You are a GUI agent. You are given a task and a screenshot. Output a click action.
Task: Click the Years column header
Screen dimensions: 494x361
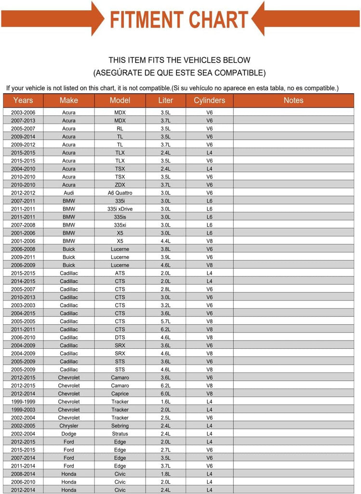(x=23, y=100)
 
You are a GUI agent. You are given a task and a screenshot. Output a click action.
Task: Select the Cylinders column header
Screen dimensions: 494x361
(x=209, y=100)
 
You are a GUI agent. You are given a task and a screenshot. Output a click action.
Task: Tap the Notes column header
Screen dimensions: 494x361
(x=293, y=100)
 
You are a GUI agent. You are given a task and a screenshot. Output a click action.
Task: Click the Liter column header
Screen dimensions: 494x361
(x=165, y=100)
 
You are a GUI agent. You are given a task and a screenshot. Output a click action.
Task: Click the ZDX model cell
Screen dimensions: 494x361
(x=120, y=185)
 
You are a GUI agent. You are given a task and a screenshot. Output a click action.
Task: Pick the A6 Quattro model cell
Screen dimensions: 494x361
(x=120, y=193)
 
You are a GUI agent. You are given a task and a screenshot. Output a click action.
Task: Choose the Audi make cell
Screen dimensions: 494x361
(x=69, y=193)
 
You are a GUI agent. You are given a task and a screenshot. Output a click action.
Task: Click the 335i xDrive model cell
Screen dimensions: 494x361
(x=120, y=209)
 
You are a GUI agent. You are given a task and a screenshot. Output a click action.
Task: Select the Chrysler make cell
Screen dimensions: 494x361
(x=69, y=426)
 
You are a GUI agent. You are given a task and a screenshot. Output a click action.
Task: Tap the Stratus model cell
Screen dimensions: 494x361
(x=120, y=434)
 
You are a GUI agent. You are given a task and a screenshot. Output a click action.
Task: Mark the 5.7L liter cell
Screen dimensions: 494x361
(x=165, y=321)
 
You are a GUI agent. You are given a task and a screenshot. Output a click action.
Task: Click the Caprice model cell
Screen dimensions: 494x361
(x=120, y=394)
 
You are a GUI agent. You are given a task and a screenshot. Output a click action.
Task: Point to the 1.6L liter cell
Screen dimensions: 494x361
(x=165, y=402)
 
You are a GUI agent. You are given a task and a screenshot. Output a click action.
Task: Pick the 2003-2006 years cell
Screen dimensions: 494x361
(x=23, y=112)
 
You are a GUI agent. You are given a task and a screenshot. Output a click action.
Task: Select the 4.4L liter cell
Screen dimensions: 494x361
(x=165, y=241)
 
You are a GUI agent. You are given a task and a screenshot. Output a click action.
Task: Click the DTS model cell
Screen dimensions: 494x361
(x=120, y=338)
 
